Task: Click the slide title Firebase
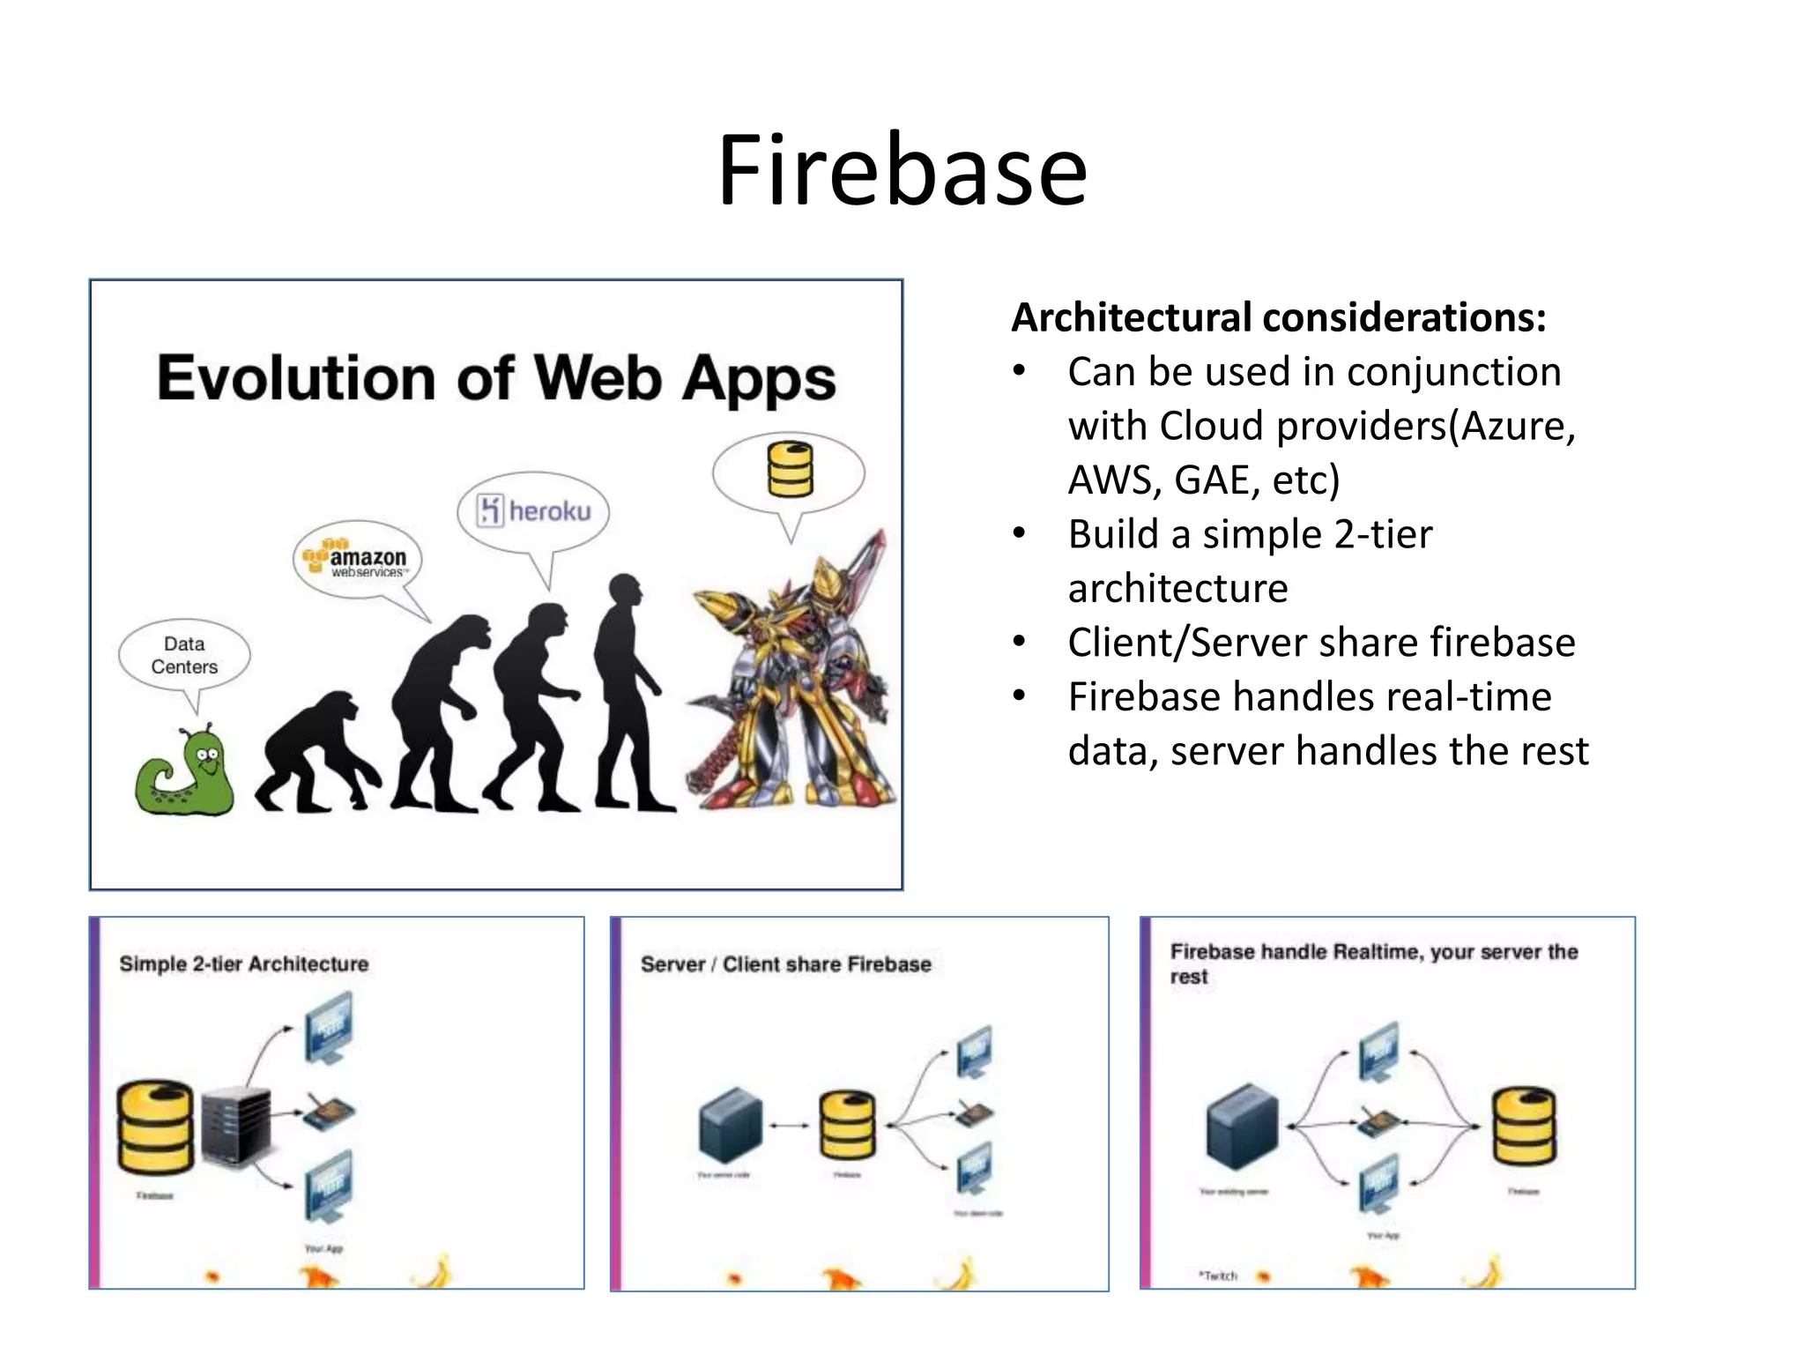coord(902,170)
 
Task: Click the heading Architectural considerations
coord(1278,317)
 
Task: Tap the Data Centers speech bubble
coord(184,656)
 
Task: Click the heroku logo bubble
coord(534,510)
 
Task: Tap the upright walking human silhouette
coord(628,696)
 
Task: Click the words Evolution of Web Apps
coord(496,379)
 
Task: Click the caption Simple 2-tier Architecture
coord(244,964)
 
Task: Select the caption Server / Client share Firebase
coord(785,964)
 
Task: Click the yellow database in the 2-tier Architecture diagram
coord(155,1127)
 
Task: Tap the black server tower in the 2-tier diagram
coord(235,1128)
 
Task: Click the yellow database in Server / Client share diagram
coord(847,1125)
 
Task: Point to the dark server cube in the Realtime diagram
coord(1242,1126)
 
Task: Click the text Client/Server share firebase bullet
coord(1320,643)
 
